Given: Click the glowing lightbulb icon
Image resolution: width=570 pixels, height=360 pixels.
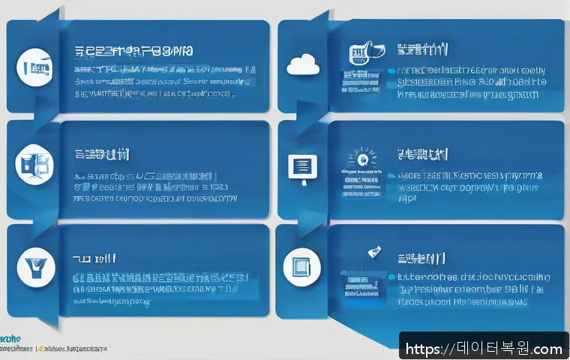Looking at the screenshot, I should (x=360, y=157).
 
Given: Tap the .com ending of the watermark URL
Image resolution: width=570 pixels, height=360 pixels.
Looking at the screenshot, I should (x=547, y=349).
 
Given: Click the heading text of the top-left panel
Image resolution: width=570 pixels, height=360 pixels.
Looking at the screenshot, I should (x=135, y=52).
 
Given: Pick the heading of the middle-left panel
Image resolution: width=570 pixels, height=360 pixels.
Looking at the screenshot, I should (x=101, y=154).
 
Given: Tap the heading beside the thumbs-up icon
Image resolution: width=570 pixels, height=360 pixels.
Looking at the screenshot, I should (x=422, y=51).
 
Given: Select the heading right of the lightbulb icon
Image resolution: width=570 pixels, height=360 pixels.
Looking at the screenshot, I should (x=422, y=154).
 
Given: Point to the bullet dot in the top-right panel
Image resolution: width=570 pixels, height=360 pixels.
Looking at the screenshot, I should (x=390, y=72).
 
